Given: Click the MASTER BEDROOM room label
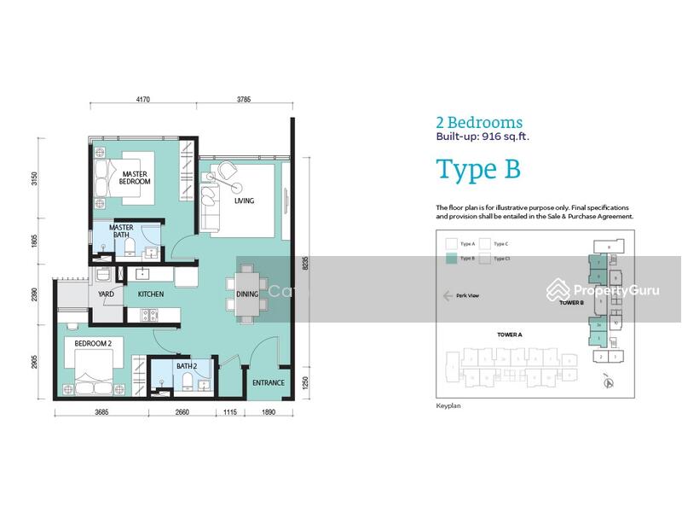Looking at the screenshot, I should pos(136,177).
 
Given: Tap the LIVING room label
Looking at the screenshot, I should pos(245,201).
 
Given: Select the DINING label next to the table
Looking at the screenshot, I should pos(247,294).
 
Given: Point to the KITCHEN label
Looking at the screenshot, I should pos(151,294).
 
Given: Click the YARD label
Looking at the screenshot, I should pos(106,294).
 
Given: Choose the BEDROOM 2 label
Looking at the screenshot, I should pos(93,343).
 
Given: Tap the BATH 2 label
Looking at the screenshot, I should pos(187,366).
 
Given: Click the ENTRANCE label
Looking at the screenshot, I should pos(268,382).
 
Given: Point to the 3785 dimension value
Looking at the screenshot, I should pos(245,99).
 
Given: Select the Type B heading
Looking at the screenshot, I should pos(477,169).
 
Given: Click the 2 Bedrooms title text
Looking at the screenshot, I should pos(479,123).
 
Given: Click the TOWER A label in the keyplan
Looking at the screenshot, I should pos(484,335).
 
